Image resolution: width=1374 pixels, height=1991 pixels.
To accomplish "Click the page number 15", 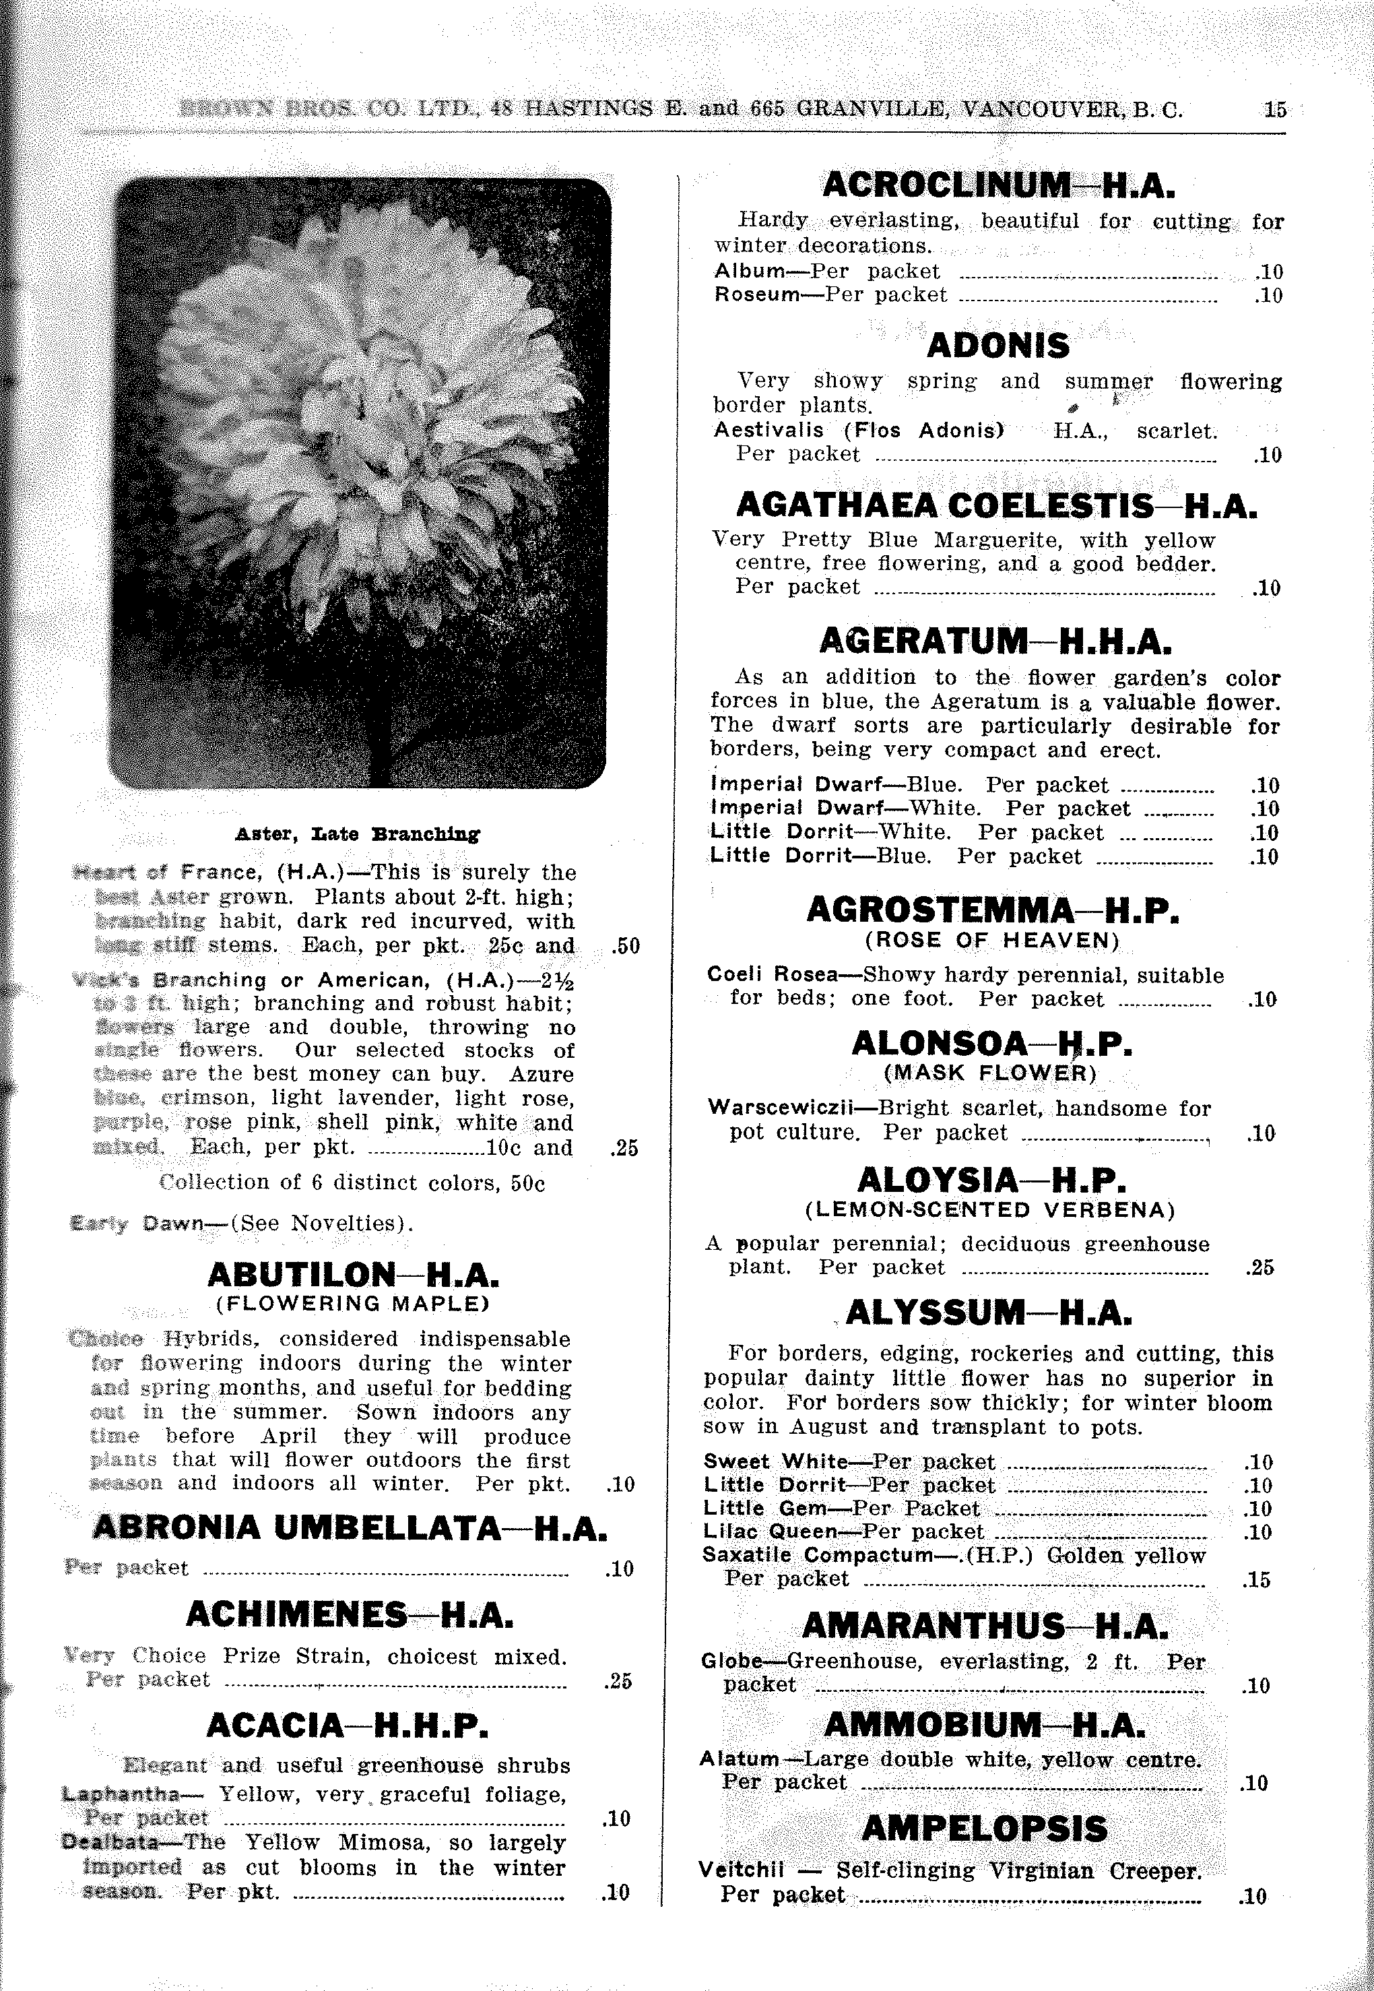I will (1274, 109).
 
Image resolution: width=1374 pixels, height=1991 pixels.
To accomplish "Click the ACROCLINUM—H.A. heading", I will (999, 185).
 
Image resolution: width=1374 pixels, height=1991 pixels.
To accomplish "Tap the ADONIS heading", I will (997, 346).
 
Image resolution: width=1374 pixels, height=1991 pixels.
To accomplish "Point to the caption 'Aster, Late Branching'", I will (357, 833).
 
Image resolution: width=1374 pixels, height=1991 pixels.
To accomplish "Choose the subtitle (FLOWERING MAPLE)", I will (353, 1304).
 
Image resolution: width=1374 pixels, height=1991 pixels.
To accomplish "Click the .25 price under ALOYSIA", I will (1259, 1267).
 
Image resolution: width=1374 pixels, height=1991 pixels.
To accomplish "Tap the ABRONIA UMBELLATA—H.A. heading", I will (350, 1527).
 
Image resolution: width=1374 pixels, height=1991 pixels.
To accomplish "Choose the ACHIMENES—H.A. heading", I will (350, 1614).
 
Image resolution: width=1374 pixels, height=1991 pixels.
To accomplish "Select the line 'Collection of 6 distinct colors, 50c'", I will (353, 1182).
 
